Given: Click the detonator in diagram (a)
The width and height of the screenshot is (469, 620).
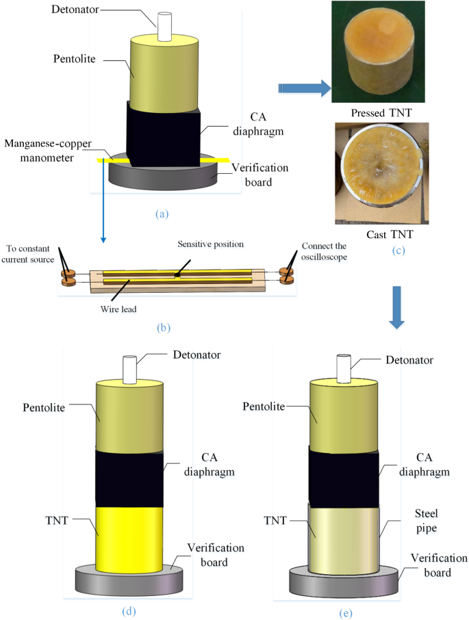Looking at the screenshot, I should [164, 26].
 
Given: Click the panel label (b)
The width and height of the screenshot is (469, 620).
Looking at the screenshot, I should [164, 326].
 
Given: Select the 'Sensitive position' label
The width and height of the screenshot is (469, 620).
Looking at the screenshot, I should [205, 244].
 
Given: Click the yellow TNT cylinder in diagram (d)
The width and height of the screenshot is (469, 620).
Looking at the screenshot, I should [130, 538].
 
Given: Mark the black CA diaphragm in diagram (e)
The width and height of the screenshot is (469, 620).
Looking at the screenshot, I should [343, 479].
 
